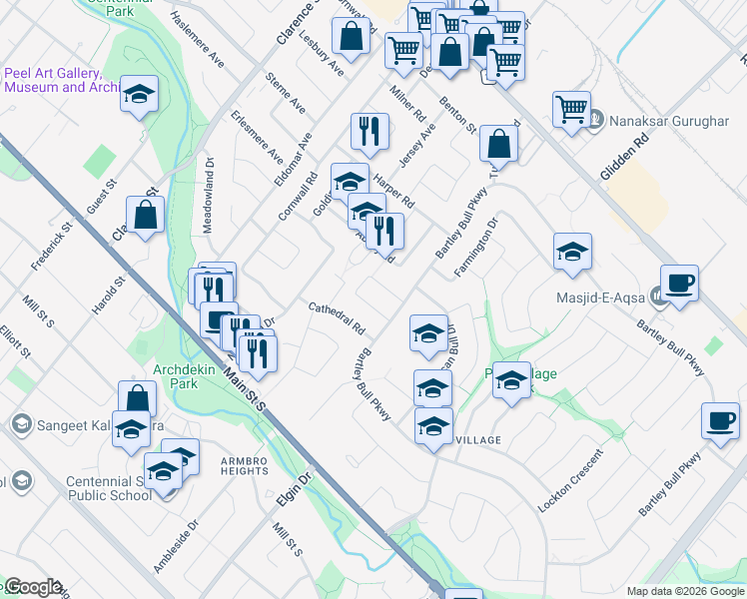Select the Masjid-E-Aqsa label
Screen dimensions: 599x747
click(x=598, y=296)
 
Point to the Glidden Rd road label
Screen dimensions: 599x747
click(x=625, y=158)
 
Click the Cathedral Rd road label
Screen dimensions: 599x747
click(x=337, y=318)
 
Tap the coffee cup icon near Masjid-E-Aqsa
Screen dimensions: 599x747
click(x=679, y=283)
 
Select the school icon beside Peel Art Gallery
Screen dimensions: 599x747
click(x=139, y=95)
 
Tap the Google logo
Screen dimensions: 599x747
click(x=32, y=587)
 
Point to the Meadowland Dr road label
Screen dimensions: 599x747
click(x=209, y=195)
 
